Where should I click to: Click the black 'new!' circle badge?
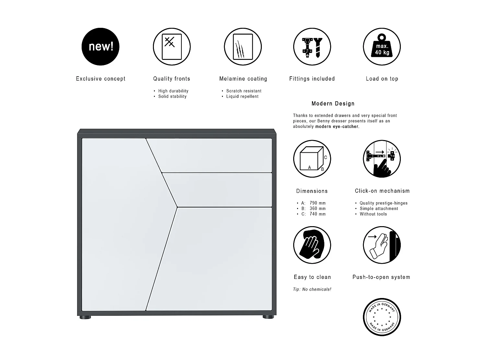(100, 47)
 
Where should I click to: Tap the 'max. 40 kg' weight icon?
(382, 47)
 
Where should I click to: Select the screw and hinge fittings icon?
(312, 47)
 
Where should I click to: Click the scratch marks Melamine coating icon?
(243, 47)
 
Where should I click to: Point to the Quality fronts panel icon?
(172, 47)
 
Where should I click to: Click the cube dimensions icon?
(312, 159)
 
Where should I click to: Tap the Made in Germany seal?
(382, 317)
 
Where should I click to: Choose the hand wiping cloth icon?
(312, 245)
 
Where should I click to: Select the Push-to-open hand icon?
(382, 245)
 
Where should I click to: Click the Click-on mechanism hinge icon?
(382, 159)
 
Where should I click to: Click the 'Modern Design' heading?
(333, 104)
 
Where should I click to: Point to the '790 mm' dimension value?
(318, 203)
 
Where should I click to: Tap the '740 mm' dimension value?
(318, 214)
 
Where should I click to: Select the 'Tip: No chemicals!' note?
(312, 289)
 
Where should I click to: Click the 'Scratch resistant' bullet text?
(244, 91)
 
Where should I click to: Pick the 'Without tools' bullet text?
(373, 214)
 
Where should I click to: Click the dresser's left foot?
(85, 317)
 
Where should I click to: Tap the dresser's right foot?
(268, 317)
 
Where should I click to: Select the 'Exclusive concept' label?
(100, 79)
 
